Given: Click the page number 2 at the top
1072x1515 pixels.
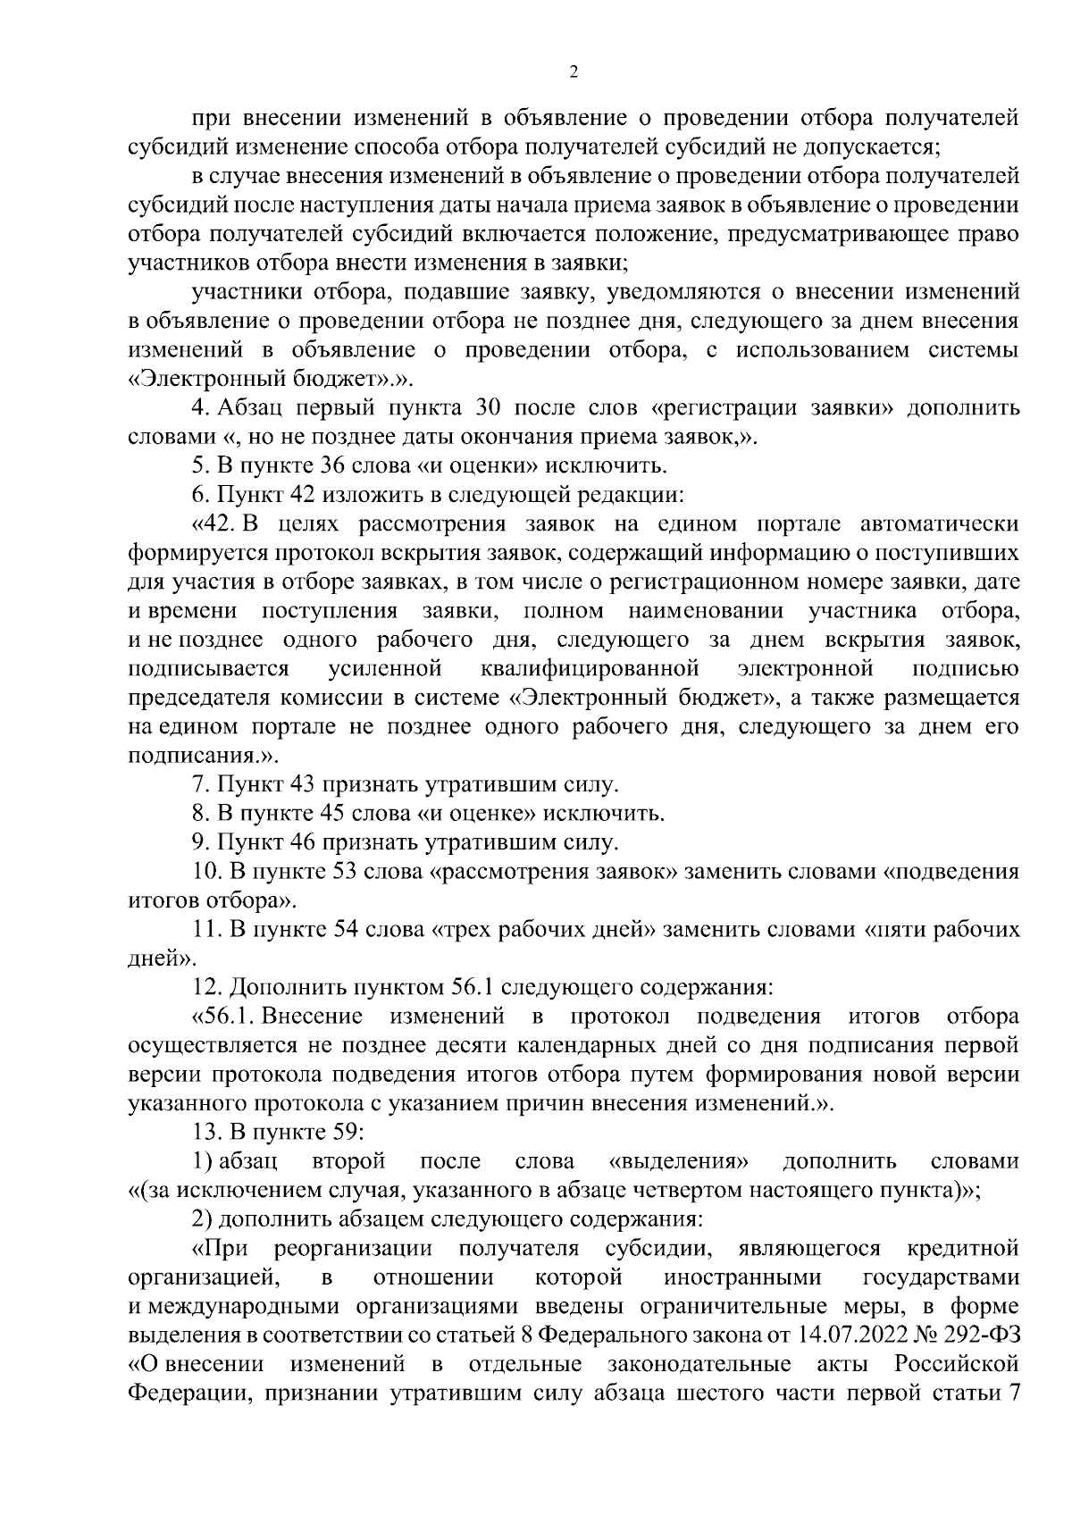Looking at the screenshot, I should point(573,72).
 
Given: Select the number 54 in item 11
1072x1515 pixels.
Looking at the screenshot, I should point(337,929).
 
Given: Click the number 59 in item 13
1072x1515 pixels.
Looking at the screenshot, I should point(339,1132).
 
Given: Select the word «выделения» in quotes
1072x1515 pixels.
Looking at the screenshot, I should point(676,1161).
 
